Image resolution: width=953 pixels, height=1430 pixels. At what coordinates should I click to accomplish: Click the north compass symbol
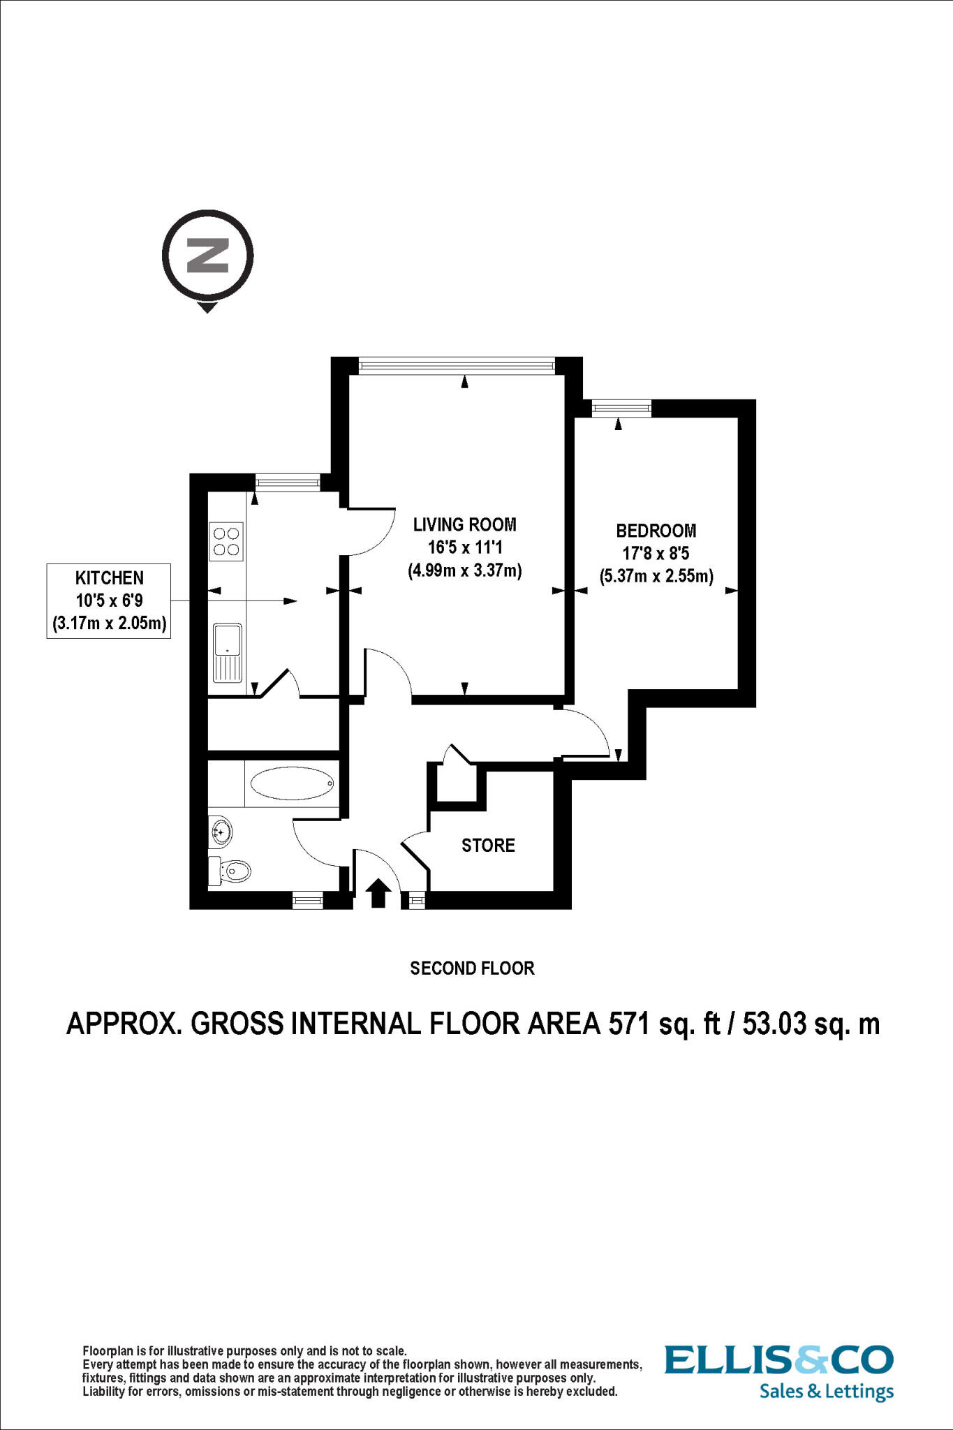(207, 257)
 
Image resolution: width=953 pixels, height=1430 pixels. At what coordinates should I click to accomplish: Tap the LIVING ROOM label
(464, 524)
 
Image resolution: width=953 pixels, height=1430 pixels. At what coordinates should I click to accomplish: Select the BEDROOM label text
(656, 531)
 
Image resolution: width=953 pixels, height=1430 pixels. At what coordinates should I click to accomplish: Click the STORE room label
(488, 846)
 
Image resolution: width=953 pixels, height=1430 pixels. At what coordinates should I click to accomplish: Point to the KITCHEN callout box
(109, 600)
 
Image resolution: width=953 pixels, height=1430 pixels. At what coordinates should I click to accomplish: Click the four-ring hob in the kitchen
(226, 541)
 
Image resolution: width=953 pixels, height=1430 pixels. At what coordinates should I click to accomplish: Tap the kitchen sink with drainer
(228, 653)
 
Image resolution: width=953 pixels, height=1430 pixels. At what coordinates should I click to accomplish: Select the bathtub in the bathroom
(292, 784)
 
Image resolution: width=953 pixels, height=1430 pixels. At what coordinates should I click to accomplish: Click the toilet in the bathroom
(231, 871)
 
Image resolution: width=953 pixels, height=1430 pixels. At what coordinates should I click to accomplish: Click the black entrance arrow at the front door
(378, 893)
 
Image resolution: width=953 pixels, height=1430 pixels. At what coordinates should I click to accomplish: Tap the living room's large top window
(457, 364)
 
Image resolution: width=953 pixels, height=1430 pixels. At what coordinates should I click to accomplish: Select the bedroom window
(621, 408)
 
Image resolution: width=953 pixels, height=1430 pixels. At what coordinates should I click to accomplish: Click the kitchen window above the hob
(287, 481)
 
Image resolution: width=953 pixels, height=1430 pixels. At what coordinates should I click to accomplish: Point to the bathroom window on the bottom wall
(307, 901)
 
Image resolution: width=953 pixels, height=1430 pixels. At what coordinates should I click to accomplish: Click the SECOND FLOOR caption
(472, 968)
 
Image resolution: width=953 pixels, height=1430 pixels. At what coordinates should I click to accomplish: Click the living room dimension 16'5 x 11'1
(464, 547)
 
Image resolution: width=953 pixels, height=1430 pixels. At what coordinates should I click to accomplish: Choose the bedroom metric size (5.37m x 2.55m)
(656, 577)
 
